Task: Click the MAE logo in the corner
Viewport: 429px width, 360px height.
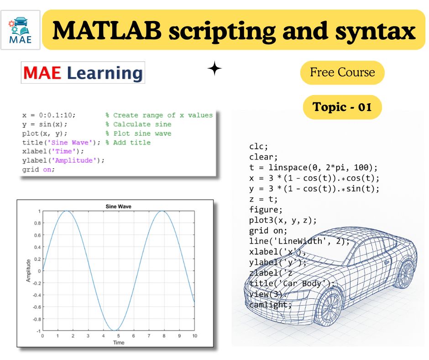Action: [20, 30]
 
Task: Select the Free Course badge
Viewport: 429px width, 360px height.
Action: [342, 72]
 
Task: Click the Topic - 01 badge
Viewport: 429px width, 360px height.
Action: [342, 107]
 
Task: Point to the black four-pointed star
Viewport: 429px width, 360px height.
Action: [214, 69]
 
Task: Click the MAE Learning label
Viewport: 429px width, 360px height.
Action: [83, 73]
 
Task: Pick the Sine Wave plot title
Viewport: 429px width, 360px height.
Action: [118, 206]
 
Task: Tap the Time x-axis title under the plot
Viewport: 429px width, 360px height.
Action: [118, 342]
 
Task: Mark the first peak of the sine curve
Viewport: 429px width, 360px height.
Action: [67, 211]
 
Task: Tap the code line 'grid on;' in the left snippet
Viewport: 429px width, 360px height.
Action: [38, 169]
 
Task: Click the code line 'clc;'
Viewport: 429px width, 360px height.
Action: [258, 146]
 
